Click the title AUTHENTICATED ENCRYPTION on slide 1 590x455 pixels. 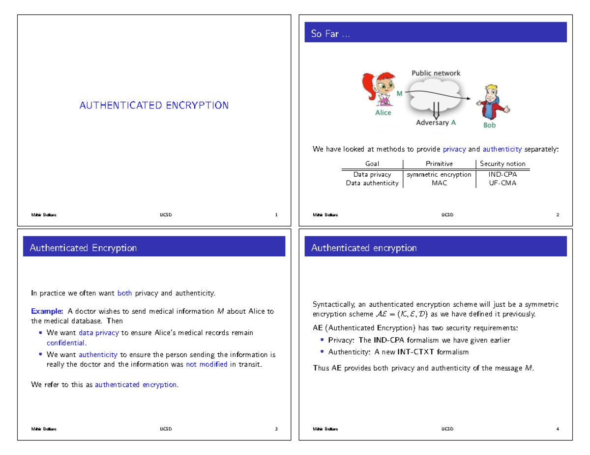coord(154,106)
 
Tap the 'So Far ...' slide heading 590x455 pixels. coord(330,34)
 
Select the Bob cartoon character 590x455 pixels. coord(491,103)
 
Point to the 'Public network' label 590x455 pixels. coord(436,73)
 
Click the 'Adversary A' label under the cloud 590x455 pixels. coord(436,123)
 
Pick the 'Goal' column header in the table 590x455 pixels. coord(372,164)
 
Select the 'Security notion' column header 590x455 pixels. coord(502,164)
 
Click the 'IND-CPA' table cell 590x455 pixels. coord(502,174)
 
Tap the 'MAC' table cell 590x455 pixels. coord(439,183)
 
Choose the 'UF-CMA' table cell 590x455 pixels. coord(502,183)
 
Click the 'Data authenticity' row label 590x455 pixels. coord(372,183)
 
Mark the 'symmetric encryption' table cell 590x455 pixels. coord(439,174)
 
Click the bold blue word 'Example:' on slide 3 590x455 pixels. coord(47,311)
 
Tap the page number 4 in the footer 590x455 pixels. coord(558,429)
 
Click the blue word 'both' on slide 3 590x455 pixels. coord(125,294)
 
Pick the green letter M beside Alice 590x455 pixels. coord(399,93)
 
